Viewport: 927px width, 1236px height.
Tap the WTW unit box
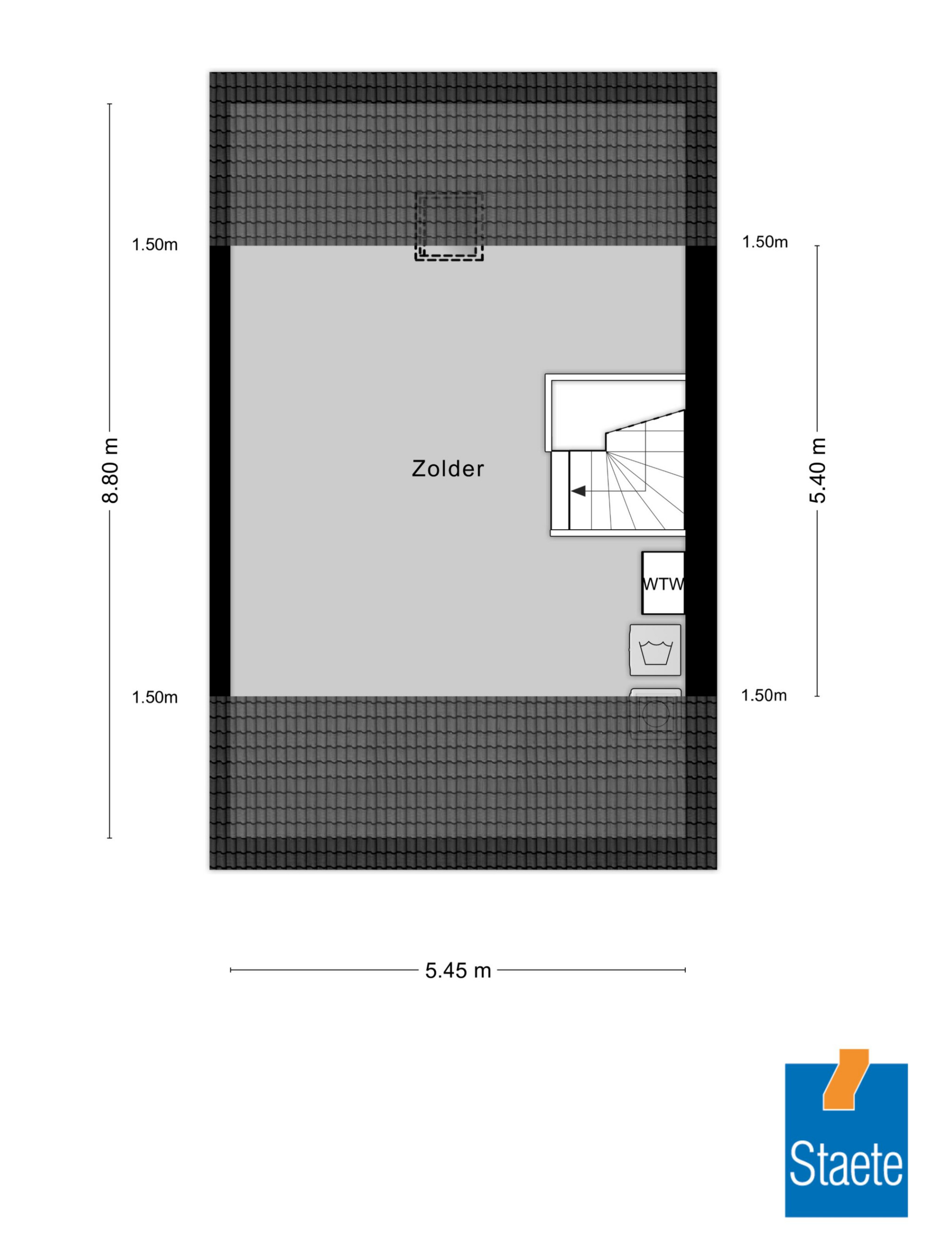click(663, 583)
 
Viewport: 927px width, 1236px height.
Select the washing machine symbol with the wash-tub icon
click(655, 650)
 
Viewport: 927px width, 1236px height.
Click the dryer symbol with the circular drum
click(655, 715)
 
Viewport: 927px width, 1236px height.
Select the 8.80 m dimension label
click(110, 470)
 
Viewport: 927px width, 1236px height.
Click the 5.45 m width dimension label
click(457, 970)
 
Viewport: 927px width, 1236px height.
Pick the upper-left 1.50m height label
click(155, 245)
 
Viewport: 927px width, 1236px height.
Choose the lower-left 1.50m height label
click(155, 697)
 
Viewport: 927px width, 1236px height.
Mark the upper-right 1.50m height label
click(765, 242)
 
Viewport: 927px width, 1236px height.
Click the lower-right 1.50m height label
click(764, 695)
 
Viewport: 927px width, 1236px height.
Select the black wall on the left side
click(220, 471)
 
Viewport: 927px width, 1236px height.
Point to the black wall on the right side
click(701, 471)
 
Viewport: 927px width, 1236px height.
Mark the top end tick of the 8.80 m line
click(109, 104)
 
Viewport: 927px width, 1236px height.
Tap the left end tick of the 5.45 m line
click(231, 970)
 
